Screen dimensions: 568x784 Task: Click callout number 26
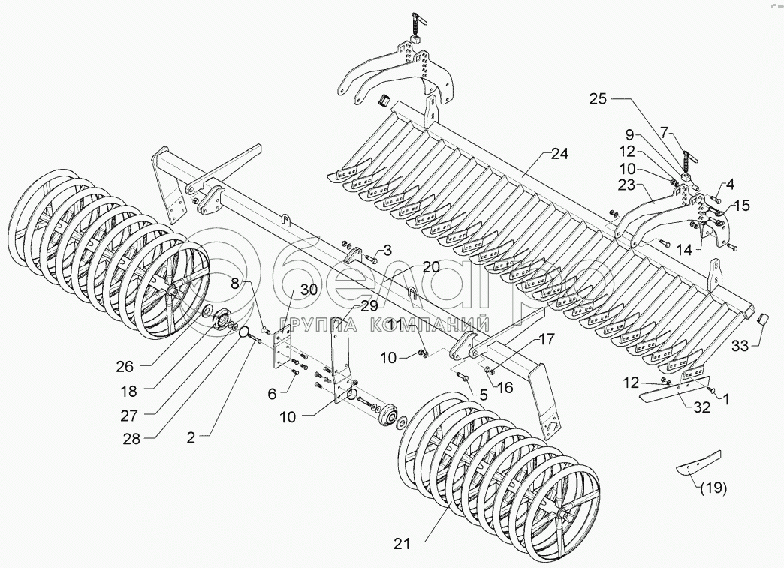point(125,366)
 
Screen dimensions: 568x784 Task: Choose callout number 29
point(368,306)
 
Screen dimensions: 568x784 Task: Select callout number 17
point(547,338)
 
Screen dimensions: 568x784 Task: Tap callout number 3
point(387,249)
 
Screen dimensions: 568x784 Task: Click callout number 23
point(627,183)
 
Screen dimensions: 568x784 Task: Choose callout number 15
point(741,204)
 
